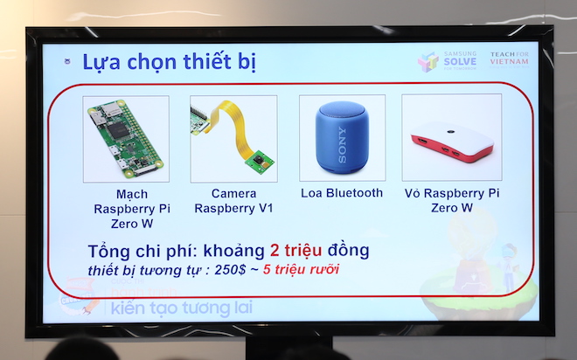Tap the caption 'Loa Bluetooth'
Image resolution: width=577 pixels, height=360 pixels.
(x=342, y=193)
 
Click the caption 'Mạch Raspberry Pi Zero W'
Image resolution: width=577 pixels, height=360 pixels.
(x=120, y=209)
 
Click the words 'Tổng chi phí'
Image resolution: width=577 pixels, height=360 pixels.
(x=134, y=251)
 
